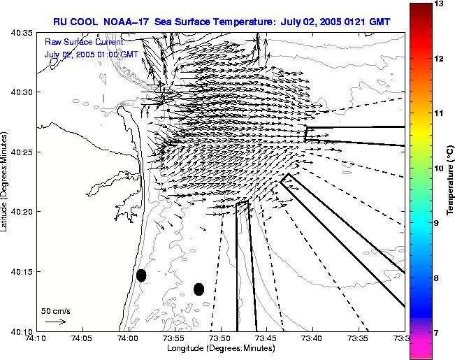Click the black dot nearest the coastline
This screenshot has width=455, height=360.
(x=141, y=275)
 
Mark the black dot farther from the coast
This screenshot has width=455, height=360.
(x=198, y=289)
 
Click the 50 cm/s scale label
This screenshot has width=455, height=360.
(x=56, y=310)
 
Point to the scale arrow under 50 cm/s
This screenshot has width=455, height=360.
(x=55, y=322)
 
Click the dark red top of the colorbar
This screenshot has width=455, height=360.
(x=419, y=8)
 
